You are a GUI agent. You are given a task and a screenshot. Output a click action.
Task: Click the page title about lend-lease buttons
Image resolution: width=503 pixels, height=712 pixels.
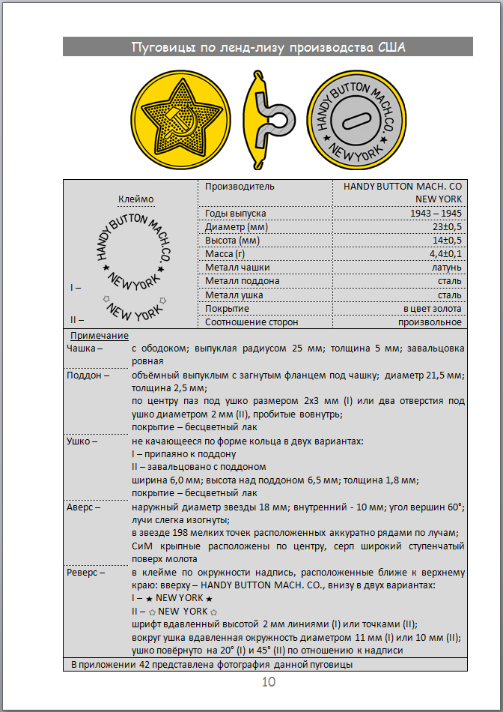click(268, 48)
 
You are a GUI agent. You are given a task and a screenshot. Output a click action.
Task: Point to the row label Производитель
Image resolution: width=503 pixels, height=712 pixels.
click(240, 186)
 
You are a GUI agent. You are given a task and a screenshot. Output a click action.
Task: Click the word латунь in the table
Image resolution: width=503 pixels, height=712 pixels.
click(446, 268)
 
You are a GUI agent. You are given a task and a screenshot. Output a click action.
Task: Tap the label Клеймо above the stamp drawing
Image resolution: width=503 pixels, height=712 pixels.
click(135, 199)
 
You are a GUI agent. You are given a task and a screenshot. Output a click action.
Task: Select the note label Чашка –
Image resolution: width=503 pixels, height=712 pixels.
click(84, 349)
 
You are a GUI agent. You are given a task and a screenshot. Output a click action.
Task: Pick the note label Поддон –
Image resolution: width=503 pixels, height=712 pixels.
click(88, 375)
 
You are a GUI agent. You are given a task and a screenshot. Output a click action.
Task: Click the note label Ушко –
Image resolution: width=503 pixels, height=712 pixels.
click(82, 441)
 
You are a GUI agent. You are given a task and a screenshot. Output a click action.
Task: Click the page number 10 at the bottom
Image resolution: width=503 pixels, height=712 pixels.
click(269, 681)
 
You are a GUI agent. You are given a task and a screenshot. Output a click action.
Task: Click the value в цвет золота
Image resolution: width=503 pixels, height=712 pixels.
click(432, 308)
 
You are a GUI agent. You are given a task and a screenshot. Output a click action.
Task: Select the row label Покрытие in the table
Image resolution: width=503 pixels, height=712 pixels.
click(228, 308)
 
